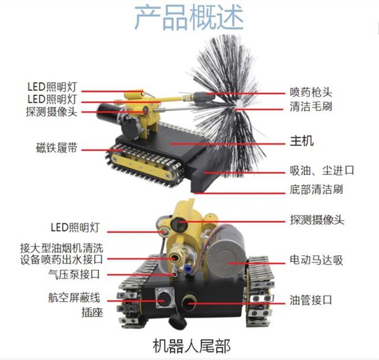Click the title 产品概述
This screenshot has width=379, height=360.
point(189,18)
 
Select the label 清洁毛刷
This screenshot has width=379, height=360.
point(311,107)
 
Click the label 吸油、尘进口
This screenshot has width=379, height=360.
point(318,171)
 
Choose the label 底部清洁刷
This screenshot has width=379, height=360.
point(316,189)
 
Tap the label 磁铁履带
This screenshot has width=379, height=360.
point(57,148)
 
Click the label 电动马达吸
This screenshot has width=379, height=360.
point(316,259)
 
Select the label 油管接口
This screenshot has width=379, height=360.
point(311,299)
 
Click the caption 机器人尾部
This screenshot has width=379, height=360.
point(192,345)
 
